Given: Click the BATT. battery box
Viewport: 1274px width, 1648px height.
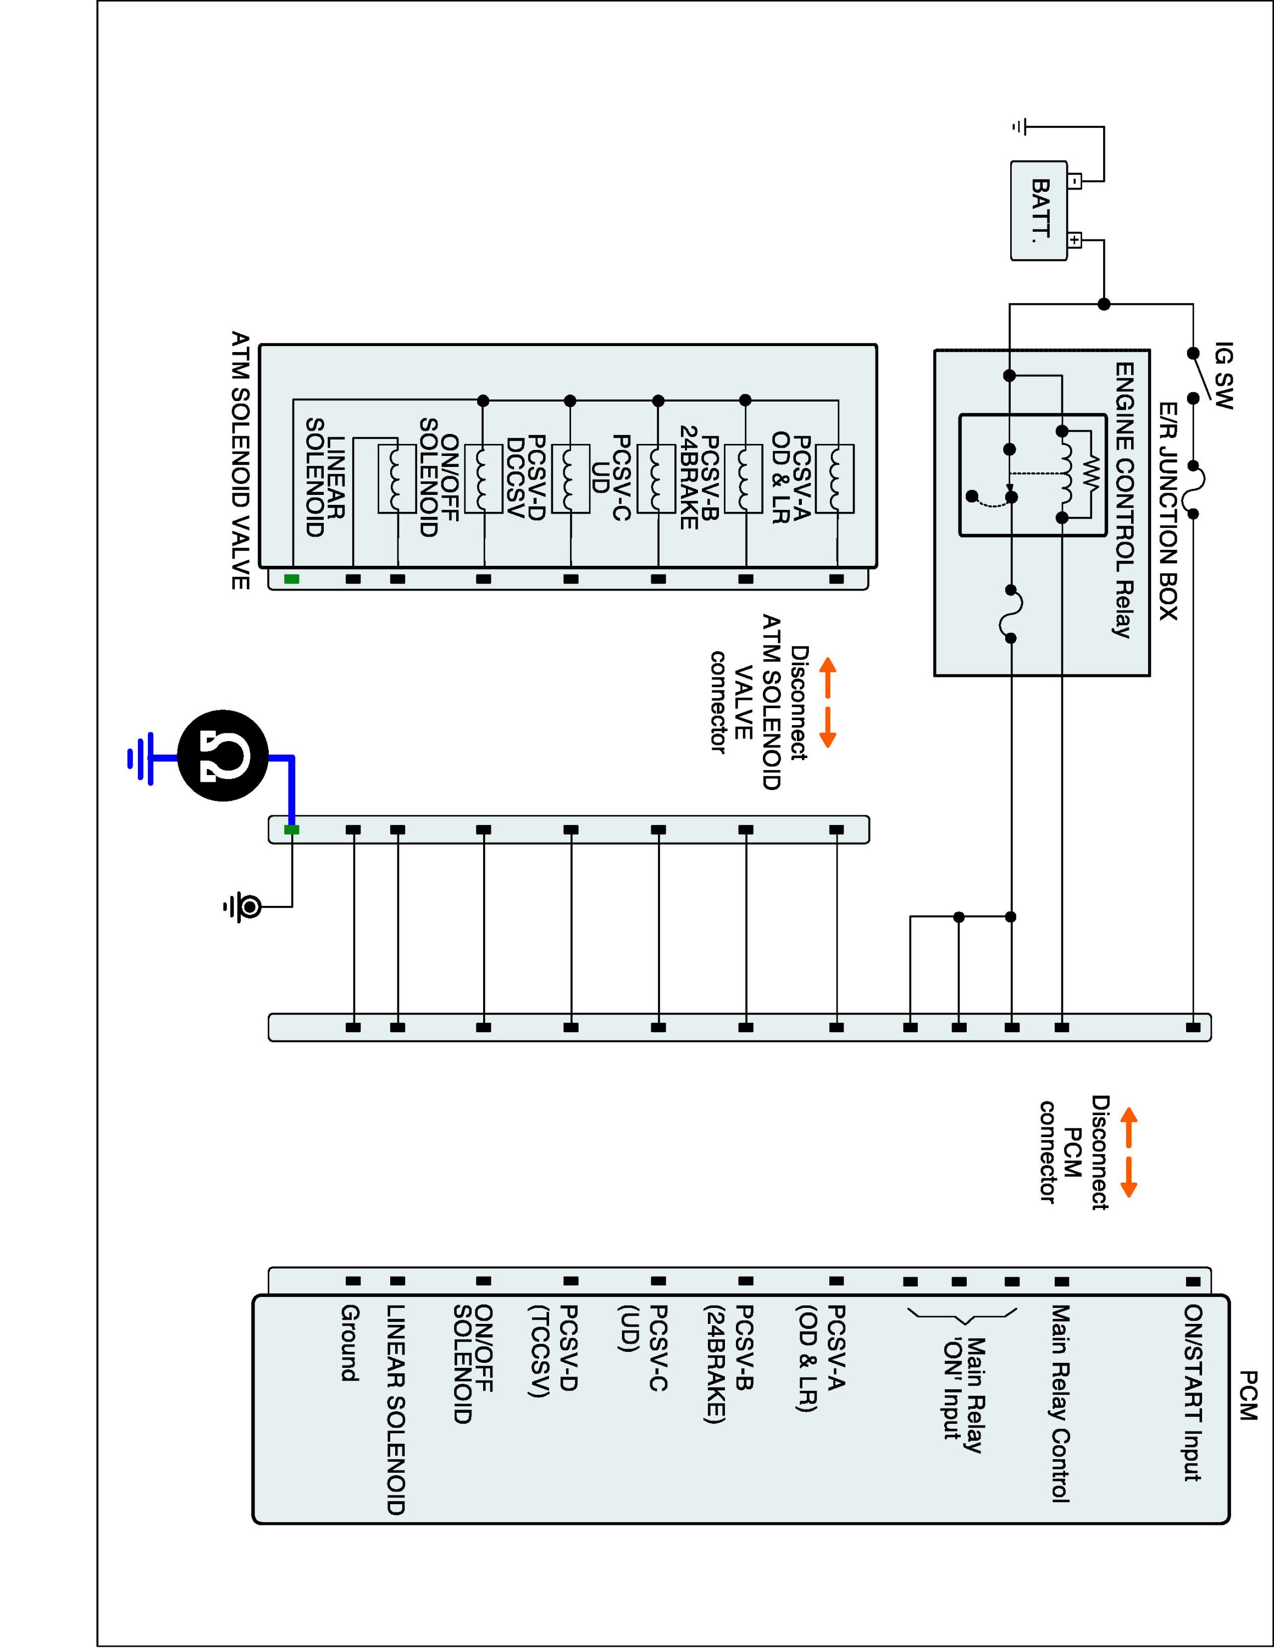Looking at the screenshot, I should (1039, 210).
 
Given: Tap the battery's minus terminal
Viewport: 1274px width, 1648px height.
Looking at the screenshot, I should (1074, 181).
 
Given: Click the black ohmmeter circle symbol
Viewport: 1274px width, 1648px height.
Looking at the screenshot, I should (223, 755).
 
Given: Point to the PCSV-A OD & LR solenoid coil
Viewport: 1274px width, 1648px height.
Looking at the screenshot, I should (835, 479).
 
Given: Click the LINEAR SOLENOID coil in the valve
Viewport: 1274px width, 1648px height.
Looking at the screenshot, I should (396, 479).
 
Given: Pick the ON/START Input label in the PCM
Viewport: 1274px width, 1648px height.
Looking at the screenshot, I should (1193, 1392).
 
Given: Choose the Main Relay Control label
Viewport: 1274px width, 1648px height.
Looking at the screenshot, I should (1060, 1404).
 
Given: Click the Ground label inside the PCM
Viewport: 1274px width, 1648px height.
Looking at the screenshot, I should (348, 1343).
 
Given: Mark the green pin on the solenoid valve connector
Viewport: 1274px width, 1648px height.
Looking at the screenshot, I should (291, 579).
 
